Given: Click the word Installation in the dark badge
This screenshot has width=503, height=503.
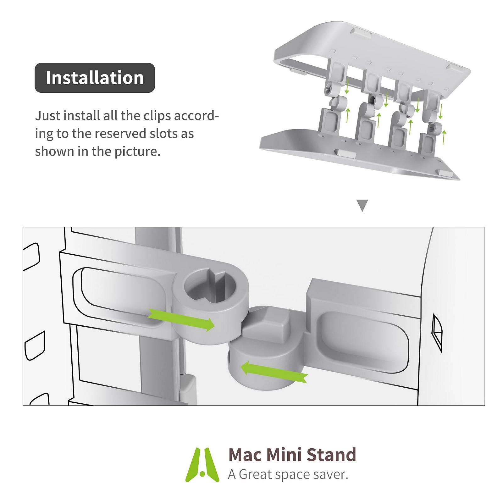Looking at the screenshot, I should pyautogui.click(x=95, y=78).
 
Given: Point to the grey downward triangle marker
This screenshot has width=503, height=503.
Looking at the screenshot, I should pyautogui.click(x=362, y=205).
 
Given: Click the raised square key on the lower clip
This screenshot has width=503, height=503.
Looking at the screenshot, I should pyautogui.click(x=272, y=323).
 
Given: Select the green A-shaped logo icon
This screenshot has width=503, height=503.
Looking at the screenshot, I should pyautogui.click(x=202, y=464).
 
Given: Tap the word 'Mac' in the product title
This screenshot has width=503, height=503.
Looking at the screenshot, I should pyautogui.click(x=245, y=455).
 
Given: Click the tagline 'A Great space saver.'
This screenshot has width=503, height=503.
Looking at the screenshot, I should pyautogui.click(x=288, y=474).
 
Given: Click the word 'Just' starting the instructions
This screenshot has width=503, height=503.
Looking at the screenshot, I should pyautogui.click(x=47, y=116).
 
